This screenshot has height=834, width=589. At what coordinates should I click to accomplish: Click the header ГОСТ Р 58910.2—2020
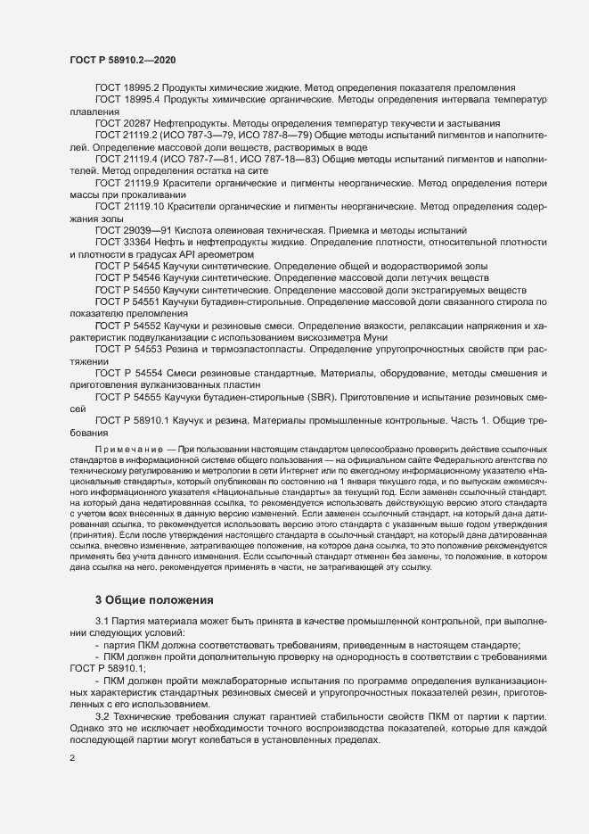coord(122,60)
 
